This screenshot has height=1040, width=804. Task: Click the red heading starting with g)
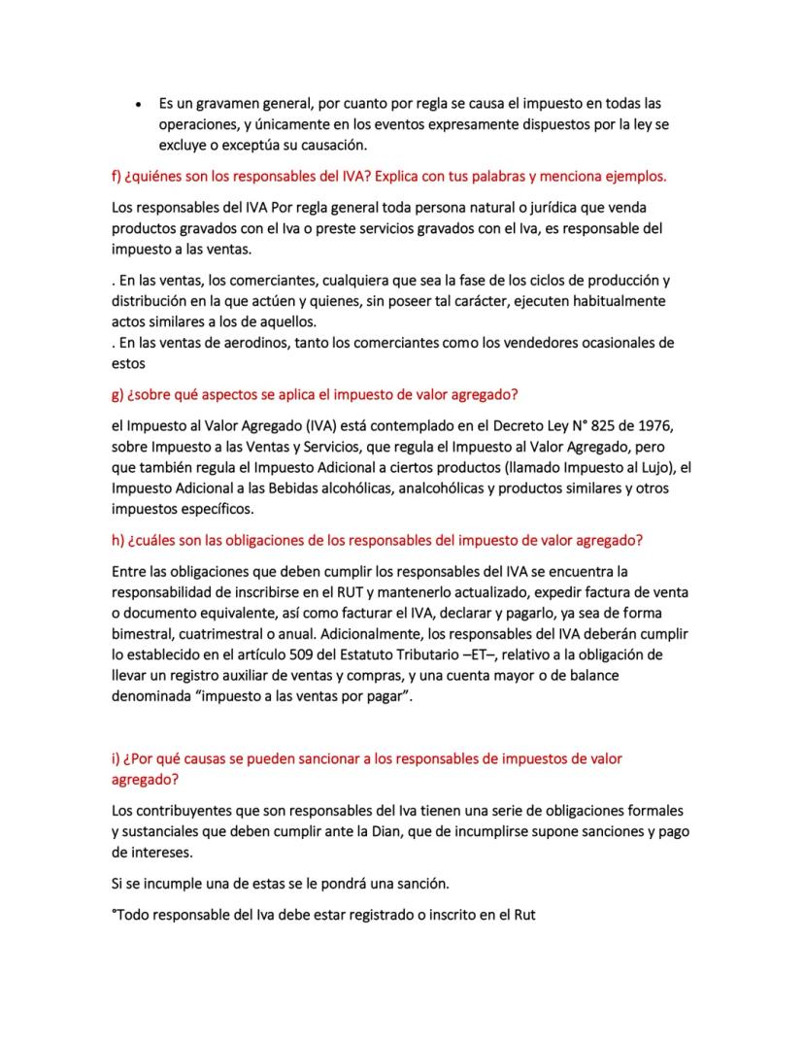tap(320, 394)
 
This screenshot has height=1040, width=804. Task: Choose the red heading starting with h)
tap(377, 540)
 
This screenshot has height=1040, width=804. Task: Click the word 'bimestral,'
tap(148, 633)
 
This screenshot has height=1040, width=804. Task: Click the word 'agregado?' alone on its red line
tap(146, 779)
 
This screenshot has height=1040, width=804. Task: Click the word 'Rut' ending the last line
tap(522, 915)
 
